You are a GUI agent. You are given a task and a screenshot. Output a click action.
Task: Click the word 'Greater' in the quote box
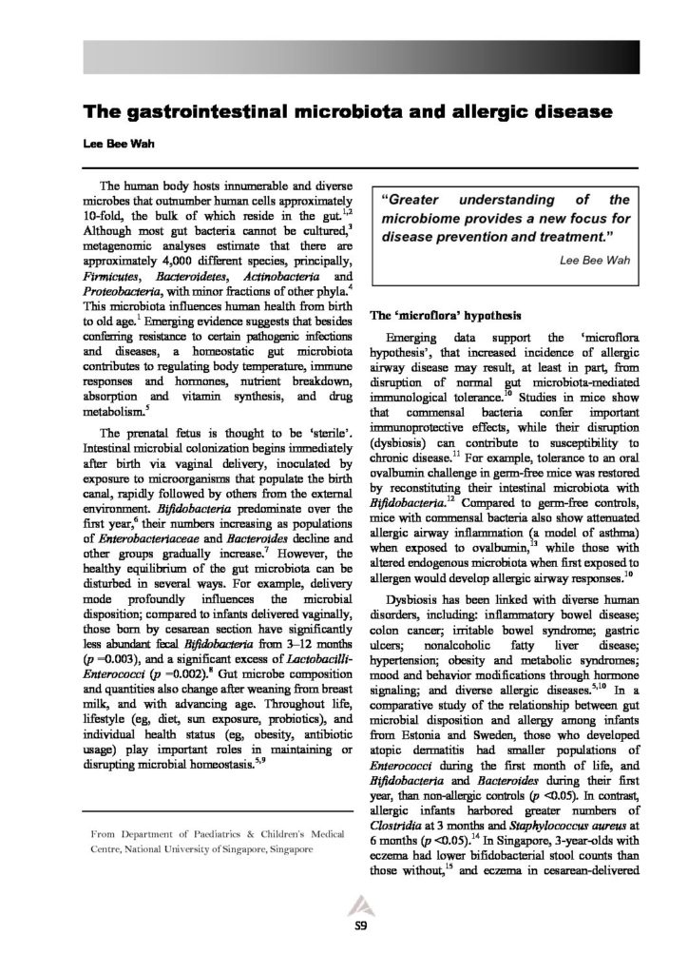(x=416, y=201)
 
